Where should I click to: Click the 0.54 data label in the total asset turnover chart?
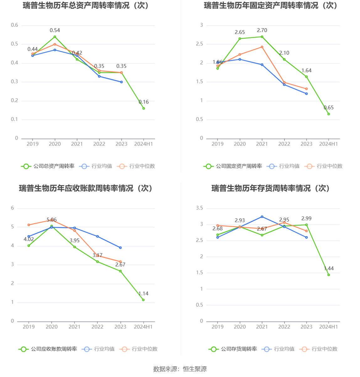[55, 30]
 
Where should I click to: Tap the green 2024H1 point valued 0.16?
[144, 109]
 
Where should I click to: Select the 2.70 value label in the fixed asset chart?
[262, 30]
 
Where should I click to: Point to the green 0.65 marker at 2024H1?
[329, 114]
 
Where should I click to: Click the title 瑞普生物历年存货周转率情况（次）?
[270, 188]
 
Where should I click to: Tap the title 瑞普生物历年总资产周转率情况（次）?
[86, 5]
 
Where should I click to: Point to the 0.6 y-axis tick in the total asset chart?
[15, 25]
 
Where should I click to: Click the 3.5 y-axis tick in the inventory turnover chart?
[199, 208]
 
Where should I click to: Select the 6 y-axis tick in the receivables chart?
[13, 208]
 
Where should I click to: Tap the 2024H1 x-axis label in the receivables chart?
[143, 327]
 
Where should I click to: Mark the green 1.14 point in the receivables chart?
[143, 300]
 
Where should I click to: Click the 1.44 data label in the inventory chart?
[329, 268]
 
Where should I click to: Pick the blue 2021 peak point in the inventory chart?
[262, 217]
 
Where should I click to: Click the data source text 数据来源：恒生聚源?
[180, 369]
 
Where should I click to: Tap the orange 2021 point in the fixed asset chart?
[262, 47]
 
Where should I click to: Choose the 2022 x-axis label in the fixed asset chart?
[284, 144]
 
